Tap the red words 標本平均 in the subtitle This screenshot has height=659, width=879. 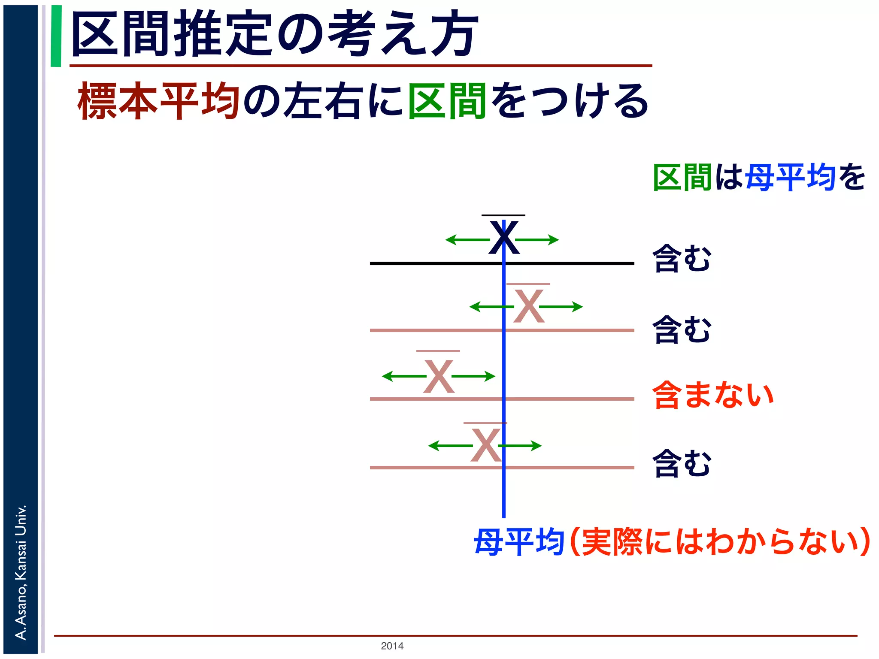[158, 101]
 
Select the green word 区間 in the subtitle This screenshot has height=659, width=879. [446, 101]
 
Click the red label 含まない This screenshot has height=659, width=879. [712, 395]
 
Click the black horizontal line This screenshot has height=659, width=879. [429, 263]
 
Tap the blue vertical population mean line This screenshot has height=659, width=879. [504, 493]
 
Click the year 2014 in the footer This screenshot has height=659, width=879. [392, 646]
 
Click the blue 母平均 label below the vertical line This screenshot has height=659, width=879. [518, 542]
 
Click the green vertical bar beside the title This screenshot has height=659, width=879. [56, 36]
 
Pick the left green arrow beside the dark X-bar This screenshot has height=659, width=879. [467, 239]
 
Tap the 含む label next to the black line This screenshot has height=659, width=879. [682, 258]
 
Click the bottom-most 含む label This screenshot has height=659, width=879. [682, 463]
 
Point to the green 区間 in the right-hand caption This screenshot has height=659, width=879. [682, 177]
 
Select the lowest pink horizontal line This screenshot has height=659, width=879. [429, 467]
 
